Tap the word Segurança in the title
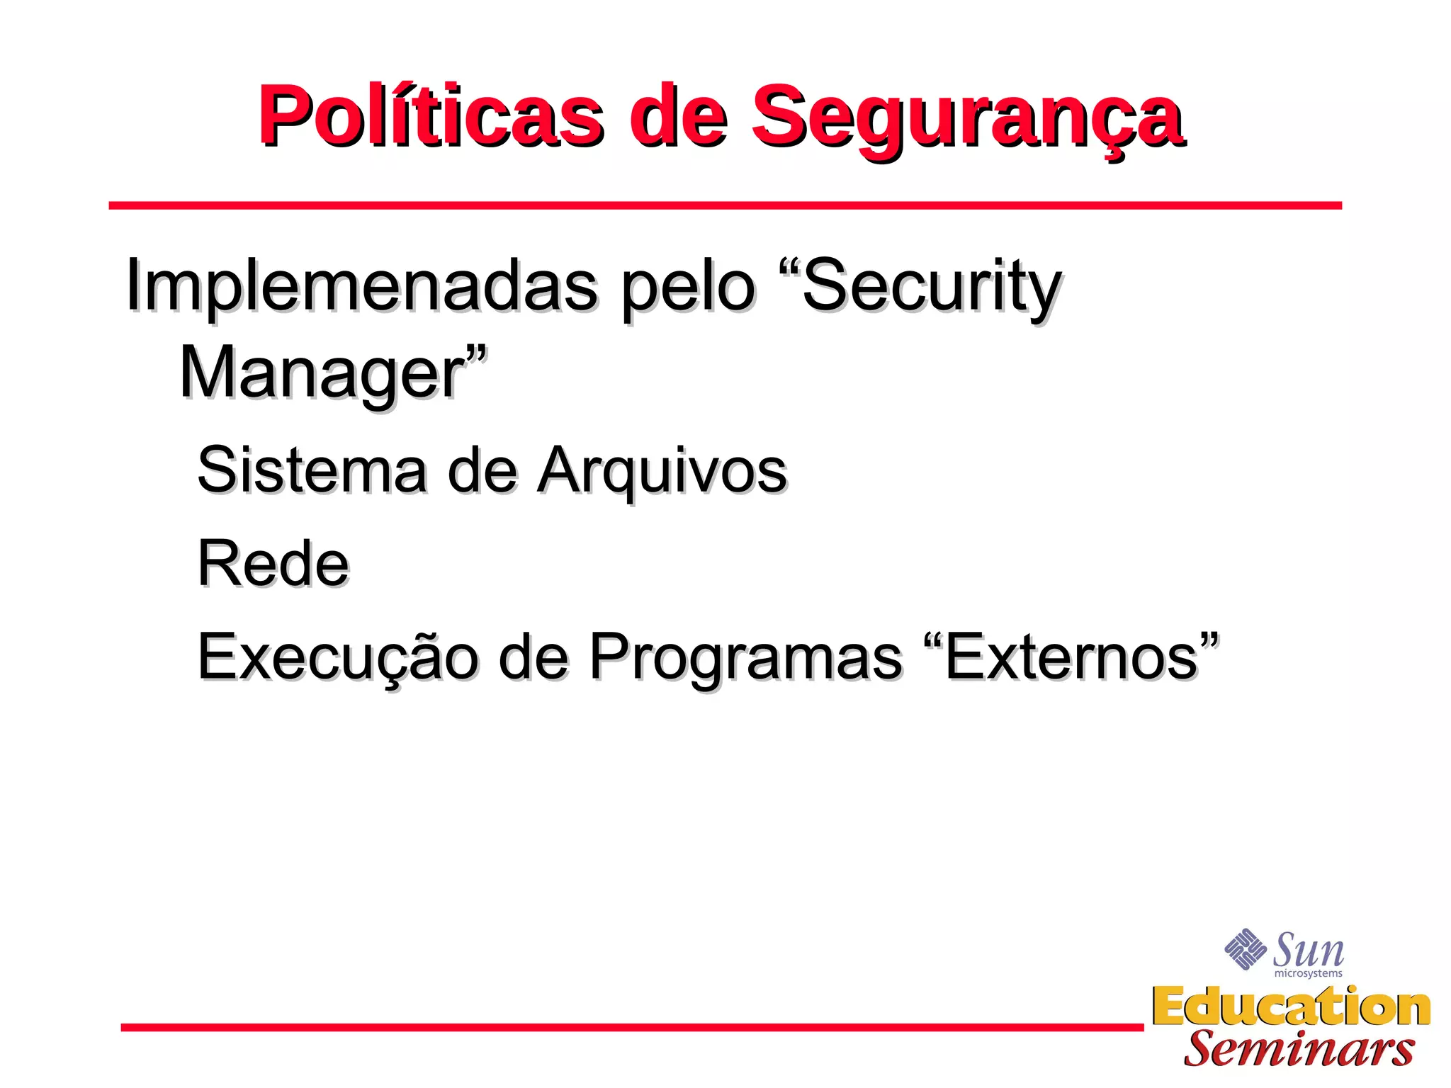click(x=966, y=117)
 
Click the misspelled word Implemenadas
click(x=361, y=287)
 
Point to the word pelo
click(x=688, y=287)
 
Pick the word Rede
click(x=273, y=564)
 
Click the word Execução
click(x=337, y=658)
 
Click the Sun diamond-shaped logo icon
click(x=1245, y=949)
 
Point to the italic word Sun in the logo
click(x=1308, y=950)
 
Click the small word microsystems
click(x=1308, y=974)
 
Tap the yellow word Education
click(x=1291, y=1007)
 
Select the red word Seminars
click(x=1299, y=1049)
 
